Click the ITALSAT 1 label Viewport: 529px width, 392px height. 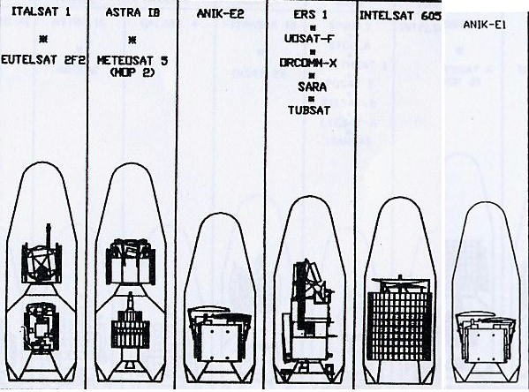click(42, 11)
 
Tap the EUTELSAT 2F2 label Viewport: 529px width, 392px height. click(43, 60)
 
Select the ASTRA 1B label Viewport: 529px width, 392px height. click(132, 12)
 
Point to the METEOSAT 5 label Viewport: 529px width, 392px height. click(132, 61)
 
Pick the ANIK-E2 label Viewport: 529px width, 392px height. click(220, 14)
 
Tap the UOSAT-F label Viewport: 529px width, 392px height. click(309, 39)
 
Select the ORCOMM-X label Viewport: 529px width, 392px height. click(308, 63)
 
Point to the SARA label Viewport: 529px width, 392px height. click(312, 87)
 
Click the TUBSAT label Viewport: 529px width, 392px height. click(309, 110)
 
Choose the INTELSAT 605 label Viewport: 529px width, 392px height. click(400, 16)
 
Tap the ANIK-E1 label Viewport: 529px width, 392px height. click(485, 25)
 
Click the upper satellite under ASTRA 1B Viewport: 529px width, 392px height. click(130, 261)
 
